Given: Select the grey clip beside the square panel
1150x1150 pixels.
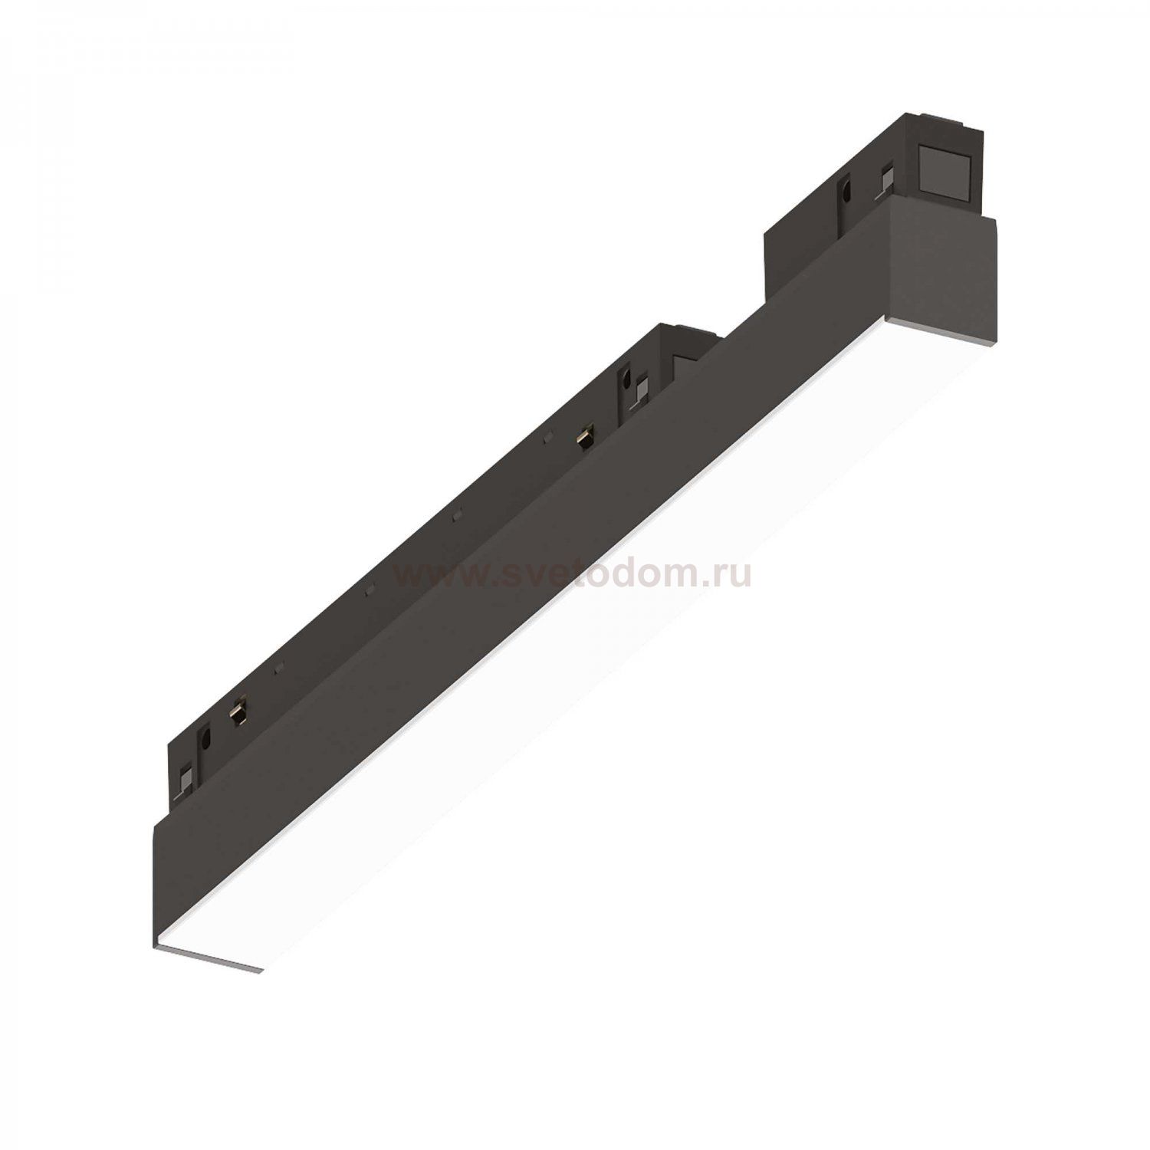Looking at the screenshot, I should tap(889, 180).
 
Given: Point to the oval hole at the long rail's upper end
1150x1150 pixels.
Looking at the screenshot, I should tap(626, 381).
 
